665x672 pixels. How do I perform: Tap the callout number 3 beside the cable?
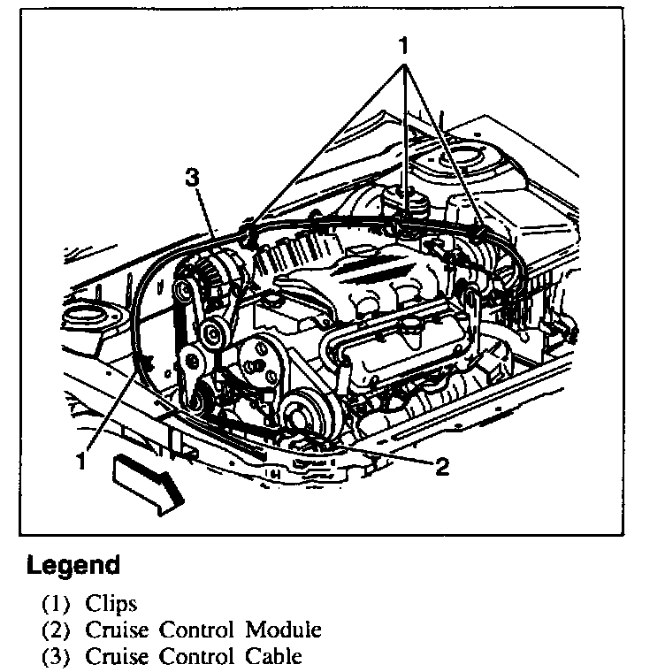(x=191, y=178)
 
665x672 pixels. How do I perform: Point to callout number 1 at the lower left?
(x=80, y=461)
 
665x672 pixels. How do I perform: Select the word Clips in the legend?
(x=111, y=605)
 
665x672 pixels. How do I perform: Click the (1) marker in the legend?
(x=55, y=605)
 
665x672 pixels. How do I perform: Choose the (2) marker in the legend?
(x=55, y=630)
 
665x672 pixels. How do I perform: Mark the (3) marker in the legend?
(x=55, y=656)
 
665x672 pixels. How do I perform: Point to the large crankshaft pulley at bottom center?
(x=304, y=414)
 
